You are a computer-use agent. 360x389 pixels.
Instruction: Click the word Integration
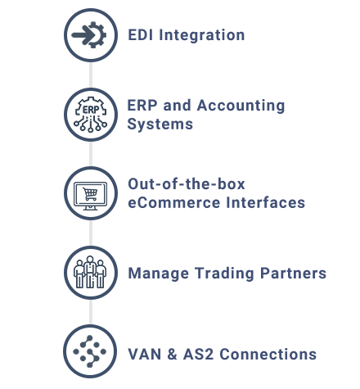tap(204, 35)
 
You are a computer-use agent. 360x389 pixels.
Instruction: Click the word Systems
tap(160, 124)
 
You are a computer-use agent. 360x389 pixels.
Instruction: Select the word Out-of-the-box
tap(187, 184)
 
